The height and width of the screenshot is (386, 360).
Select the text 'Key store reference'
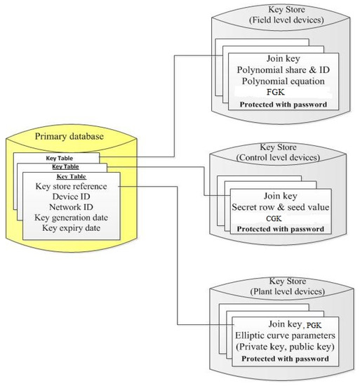[71, 186]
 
